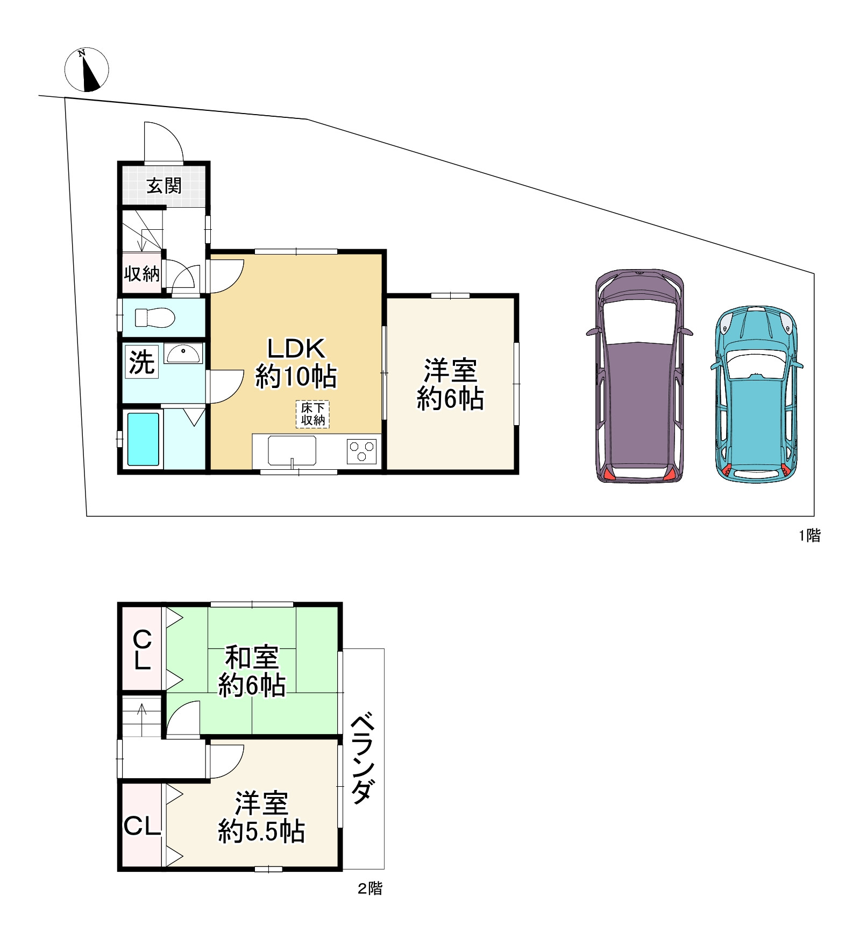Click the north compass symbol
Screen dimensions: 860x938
(x=87, y=69)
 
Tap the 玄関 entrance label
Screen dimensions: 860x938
(x=164, y=186)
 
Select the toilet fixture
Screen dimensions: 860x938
(x=155, y=318)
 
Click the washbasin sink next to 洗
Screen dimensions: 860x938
(x=183, y=354)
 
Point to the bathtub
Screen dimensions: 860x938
(x=143, y=439)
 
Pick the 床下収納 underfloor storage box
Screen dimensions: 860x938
(x=312, y=414)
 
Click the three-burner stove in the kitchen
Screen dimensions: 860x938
(x=361, y=451)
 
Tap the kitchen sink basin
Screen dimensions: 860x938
(x=292, y=450)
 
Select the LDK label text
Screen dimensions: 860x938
(x=296, y=349)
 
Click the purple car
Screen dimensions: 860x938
(x=639, y=376)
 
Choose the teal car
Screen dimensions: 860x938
(x=756, y=394)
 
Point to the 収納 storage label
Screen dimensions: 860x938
(x=142, y=273)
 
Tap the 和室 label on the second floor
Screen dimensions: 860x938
(x=252, y=657)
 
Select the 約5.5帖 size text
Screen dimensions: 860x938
(x=261, y=831)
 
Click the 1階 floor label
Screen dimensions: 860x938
(x=809, y=535)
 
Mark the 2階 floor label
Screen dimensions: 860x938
(x=370, y=888)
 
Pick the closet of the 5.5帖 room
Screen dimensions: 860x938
(x=142, y=825)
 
